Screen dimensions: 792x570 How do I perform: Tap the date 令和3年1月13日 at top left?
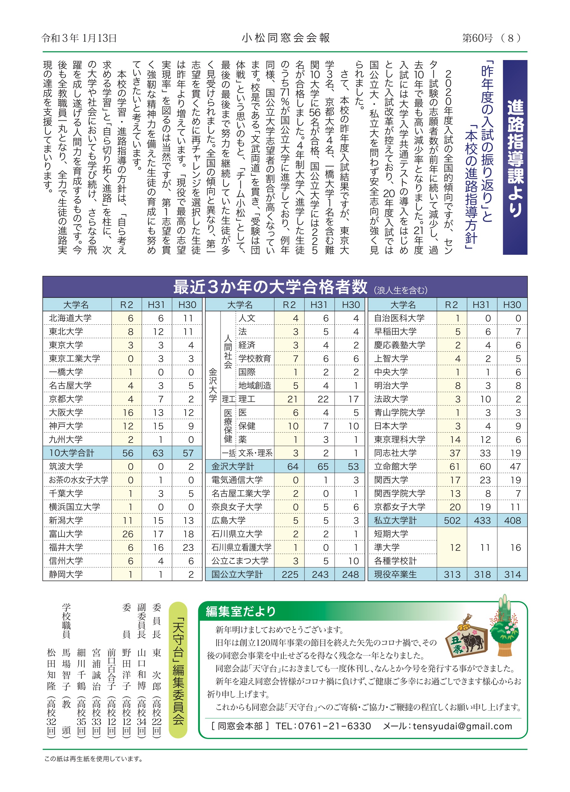tap(79, 38)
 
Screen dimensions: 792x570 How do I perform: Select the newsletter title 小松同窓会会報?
tap(286, 38)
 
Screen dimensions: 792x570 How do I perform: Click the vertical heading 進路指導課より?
tap(515, 157)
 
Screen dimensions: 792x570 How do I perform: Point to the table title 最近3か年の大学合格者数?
tap(270, 287)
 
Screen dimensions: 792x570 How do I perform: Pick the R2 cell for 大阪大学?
tap(128, 413)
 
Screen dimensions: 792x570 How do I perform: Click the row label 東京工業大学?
tap(74, 358)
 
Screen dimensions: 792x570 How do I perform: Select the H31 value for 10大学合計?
tap(158, 453)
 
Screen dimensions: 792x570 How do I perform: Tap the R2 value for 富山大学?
tap(128, 534)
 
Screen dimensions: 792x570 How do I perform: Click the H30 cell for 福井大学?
tap(188, 547)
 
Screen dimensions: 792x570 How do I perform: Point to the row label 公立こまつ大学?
tap(240, 561)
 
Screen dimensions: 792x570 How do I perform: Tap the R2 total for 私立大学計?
tap(452, 520)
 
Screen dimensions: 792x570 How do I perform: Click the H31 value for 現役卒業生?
tap(482, 574)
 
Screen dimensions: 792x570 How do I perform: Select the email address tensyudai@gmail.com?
tap(462, 726)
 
